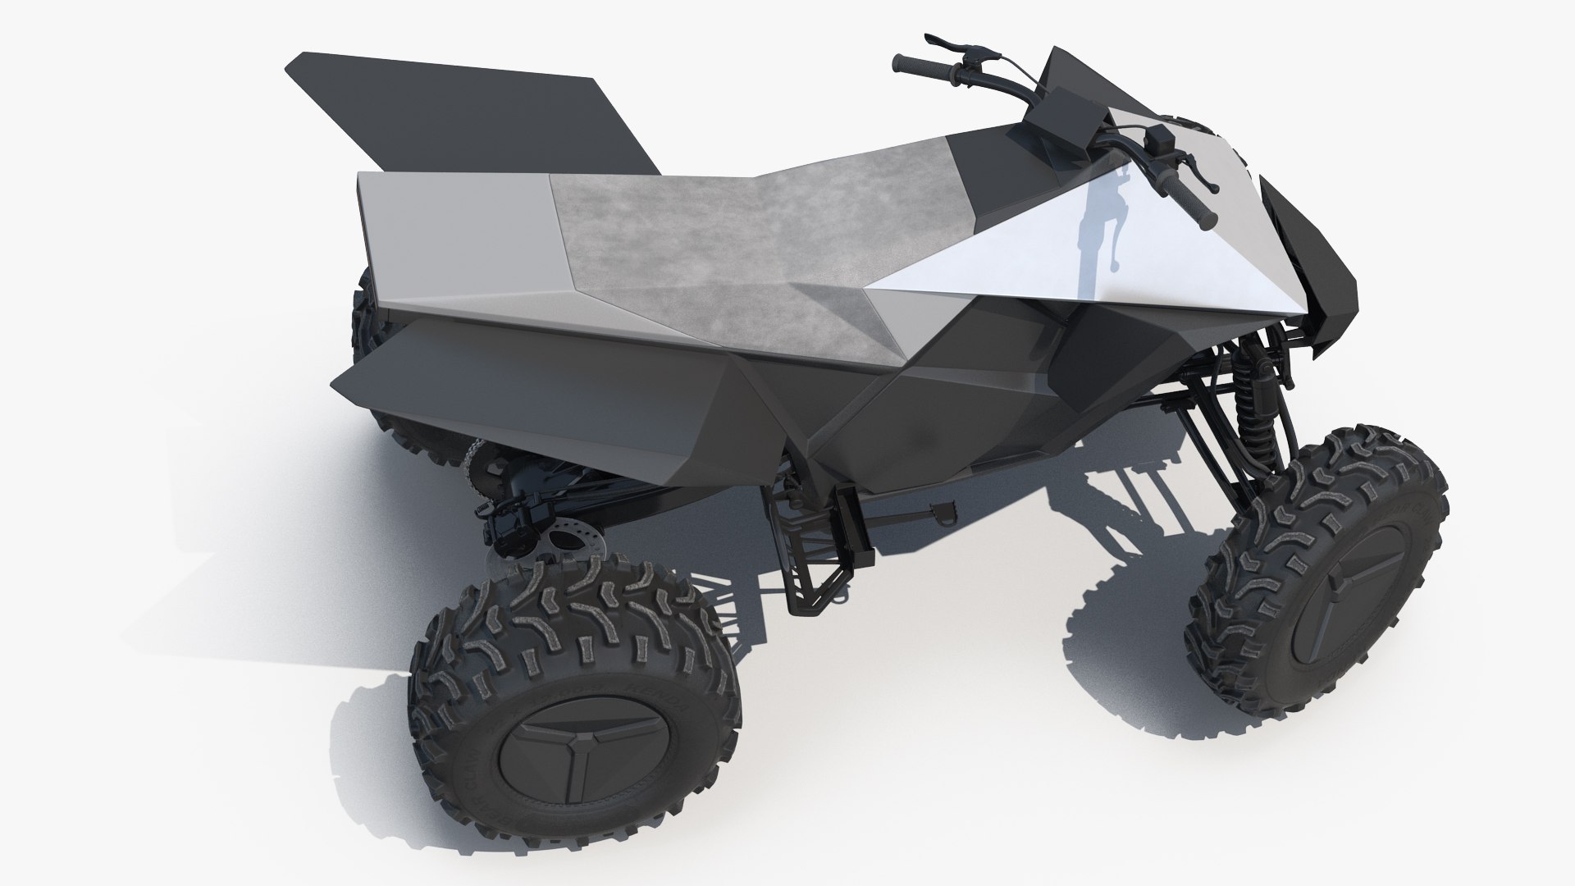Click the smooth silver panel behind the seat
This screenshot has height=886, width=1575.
459,238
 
